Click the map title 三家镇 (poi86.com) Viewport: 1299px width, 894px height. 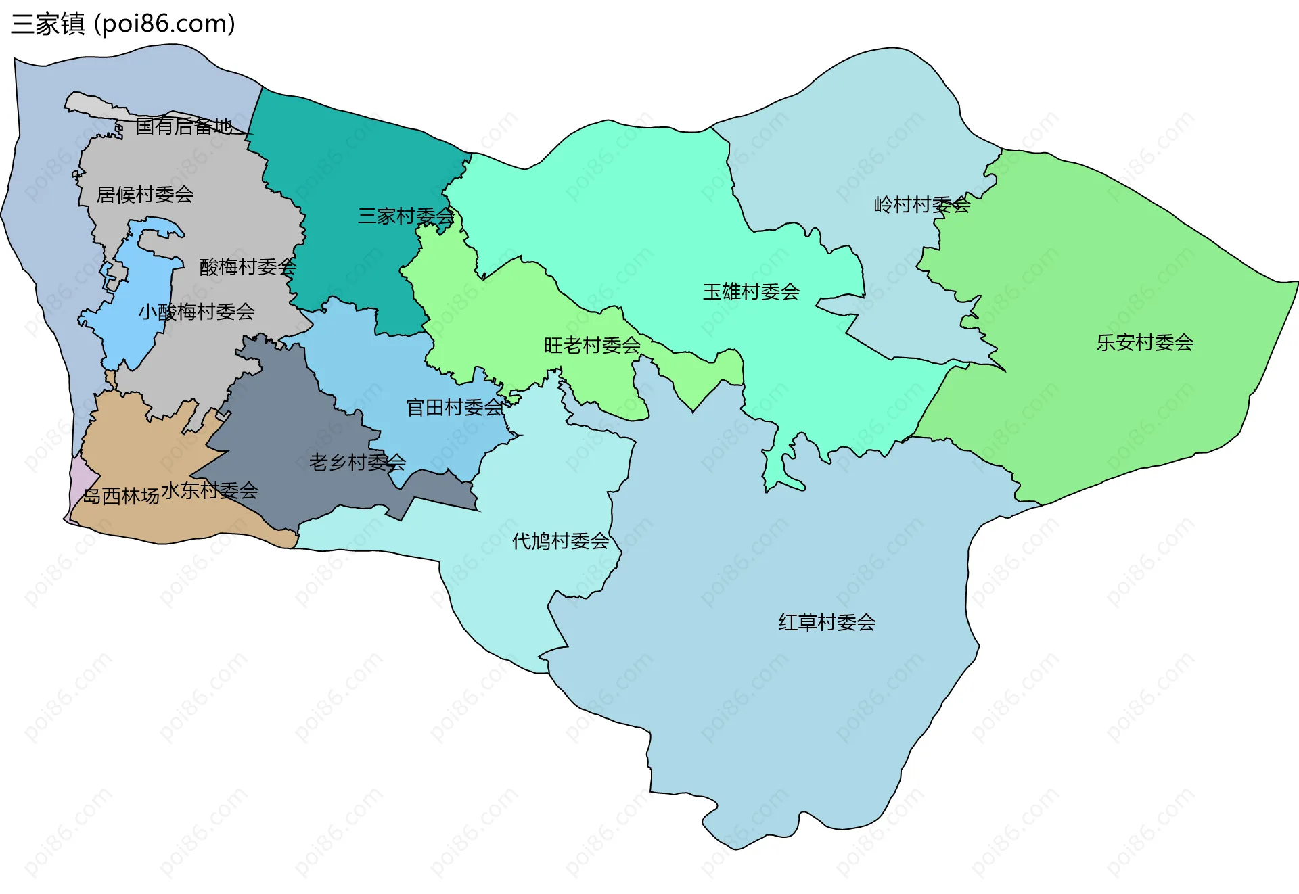123,24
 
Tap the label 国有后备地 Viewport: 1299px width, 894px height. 183,126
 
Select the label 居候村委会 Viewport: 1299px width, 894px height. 145,195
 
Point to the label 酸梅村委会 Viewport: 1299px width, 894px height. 248,266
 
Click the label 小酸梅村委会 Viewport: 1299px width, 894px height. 196,312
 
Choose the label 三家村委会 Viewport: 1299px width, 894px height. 406,216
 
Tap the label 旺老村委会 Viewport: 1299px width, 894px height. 592,346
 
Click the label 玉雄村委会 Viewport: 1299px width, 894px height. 751,292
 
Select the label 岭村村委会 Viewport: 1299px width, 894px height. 922,205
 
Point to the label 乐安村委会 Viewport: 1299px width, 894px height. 1145,343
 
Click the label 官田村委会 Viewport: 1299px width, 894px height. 455,407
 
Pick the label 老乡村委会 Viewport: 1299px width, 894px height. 357,463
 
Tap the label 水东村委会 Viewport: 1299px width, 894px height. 210,490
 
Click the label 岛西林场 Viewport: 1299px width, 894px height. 120,496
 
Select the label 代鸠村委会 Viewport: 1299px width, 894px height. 560,541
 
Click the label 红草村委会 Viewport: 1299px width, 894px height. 827,622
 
